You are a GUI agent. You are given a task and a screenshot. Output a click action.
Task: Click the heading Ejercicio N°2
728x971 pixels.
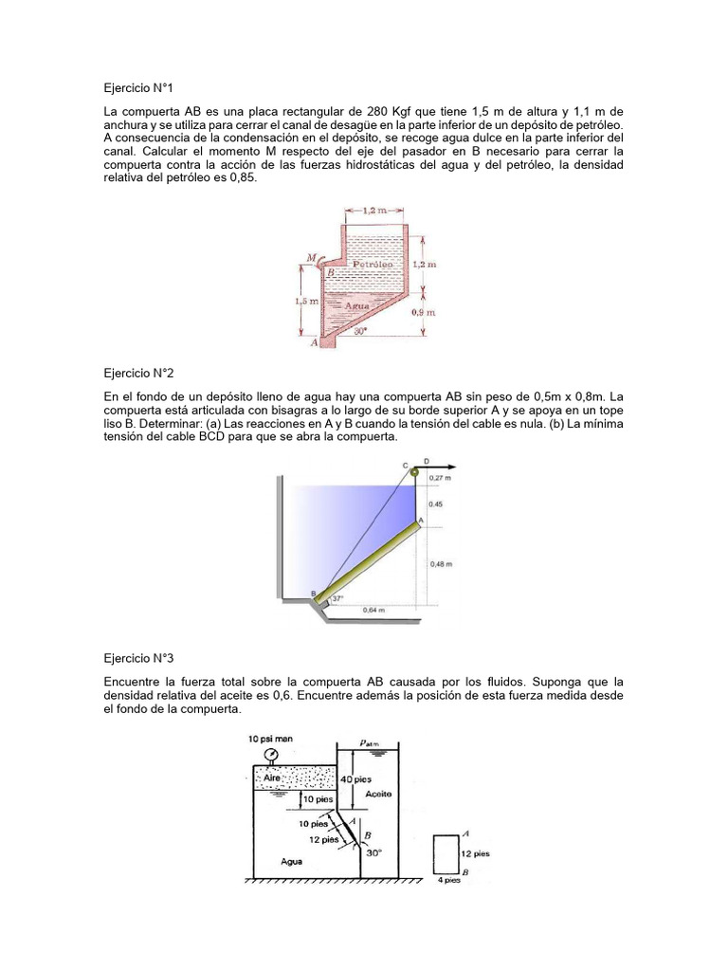click(140, 375)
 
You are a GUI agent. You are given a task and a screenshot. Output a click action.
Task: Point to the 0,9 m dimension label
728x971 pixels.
click(423, 311)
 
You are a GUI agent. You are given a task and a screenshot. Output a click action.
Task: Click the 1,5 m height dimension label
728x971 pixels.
click(305, 301)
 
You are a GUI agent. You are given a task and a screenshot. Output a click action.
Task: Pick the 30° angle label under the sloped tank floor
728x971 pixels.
click(360, 333)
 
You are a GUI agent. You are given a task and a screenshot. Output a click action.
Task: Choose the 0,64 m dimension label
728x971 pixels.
click(374, 611)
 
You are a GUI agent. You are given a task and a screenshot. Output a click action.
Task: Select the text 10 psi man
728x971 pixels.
click(268, 738)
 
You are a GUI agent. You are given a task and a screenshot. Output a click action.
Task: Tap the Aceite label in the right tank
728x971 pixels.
click(376, 793)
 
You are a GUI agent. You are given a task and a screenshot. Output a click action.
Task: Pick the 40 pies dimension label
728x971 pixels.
click(366, 779)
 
